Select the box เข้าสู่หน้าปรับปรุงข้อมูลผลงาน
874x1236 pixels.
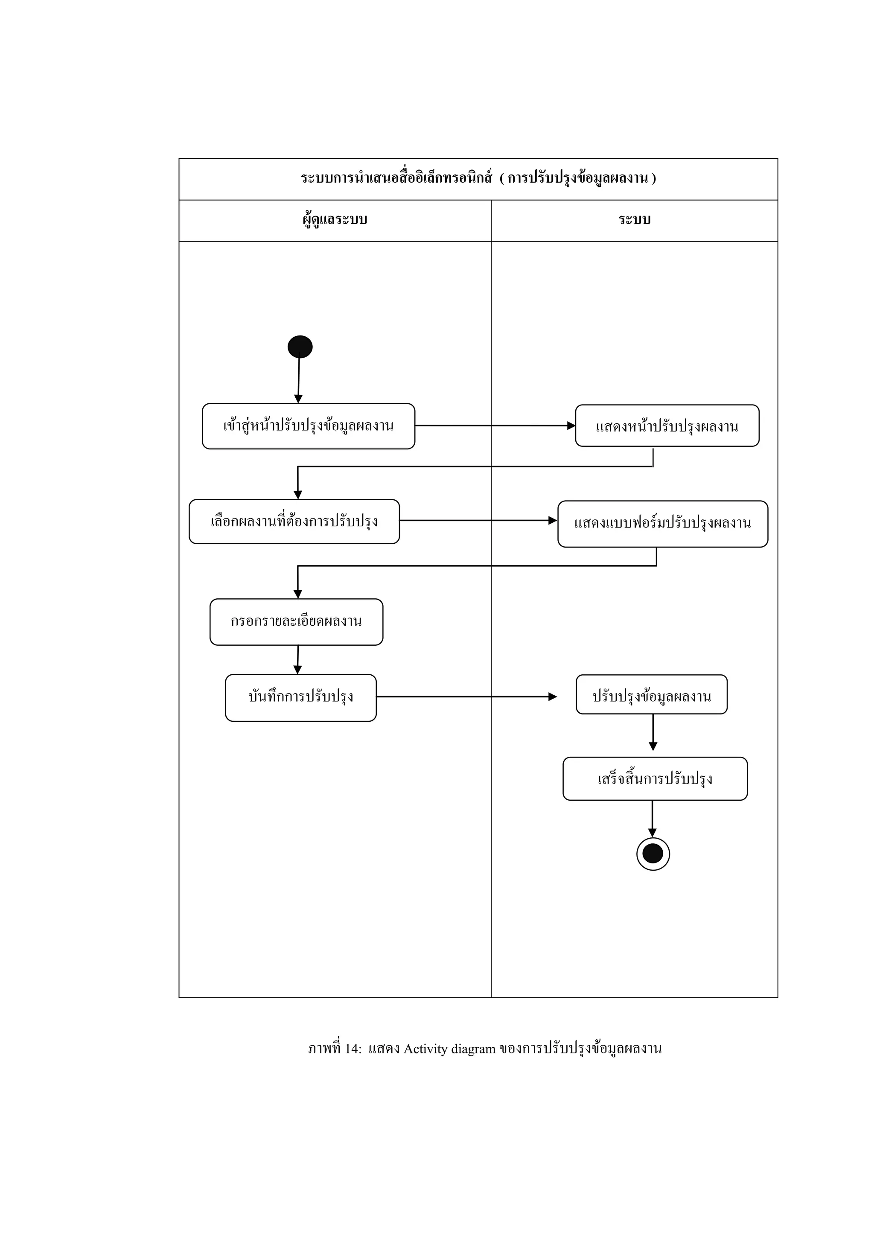click(x=309, y=426)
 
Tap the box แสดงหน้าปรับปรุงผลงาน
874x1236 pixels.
click(x=667, y=426)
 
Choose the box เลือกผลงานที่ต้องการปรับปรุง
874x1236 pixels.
click(x=294, y=521)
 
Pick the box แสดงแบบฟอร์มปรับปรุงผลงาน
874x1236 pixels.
click(x=662, y=524)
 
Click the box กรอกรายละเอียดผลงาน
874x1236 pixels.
click(x=296, y=622)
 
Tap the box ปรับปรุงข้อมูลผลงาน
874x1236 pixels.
click(x=651, y=694)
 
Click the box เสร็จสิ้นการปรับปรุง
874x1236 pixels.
click(x=655, y=779)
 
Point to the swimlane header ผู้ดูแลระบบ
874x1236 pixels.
click(x=335, y=220)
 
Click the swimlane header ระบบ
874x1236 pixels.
click(x=634, y=220)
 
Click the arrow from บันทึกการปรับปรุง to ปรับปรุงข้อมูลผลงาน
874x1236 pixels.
click(x=466, y=697)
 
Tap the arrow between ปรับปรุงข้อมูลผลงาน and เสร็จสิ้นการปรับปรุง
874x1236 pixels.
click(x=653, y=732)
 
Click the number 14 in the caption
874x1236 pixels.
click(x=351, y=1049)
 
